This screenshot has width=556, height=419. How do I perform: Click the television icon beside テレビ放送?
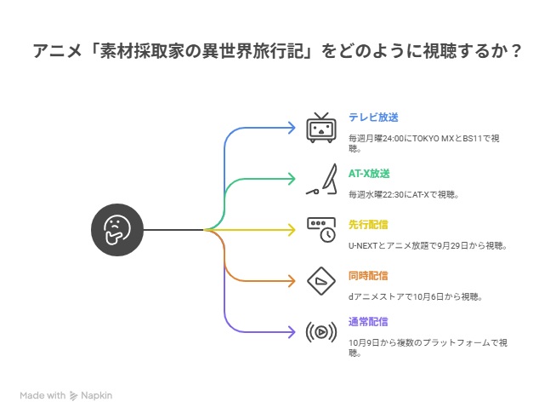coord(321,127)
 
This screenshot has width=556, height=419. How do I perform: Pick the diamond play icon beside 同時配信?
coord(321,280)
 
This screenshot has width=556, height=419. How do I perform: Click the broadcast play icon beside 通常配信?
coord(321,330)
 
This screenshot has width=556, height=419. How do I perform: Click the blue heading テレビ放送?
coord(373,117)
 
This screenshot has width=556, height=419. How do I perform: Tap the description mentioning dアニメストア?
coord(416,296)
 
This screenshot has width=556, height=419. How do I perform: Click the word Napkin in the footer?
coord(96,395)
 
